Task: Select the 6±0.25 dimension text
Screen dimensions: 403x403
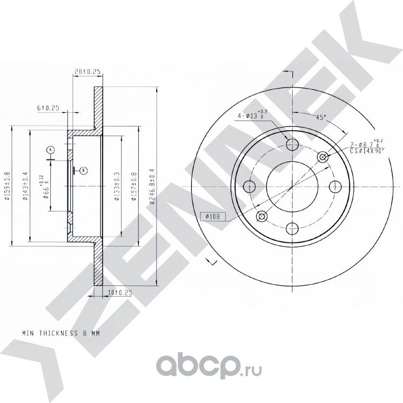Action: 48,108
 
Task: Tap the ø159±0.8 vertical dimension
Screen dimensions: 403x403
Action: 7,186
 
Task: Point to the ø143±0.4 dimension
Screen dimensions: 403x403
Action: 25,186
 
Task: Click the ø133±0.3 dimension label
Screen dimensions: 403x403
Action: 116,186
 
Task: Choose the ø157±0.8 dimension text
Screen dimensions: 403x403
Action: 135,186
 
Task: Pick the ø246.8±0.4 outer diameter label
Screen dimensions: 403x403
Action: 153,186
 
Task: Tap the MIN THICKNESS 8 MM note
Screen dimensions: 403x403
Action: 61,333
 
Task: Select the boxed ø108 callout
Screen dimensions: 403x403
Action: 212,217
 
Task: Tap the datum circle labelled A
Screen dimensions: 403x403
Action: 51,149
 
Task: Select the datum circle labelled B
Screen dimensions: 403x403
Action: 83,171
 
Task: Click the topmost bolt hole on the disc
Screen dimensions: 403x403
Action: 292,144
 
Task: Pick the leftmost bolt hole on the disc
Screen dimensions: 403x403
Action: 250,187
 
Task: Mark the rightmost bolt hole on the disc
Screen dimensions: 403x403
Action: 335,187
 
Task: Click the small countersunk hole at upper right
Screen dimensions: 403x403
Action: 323,157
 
